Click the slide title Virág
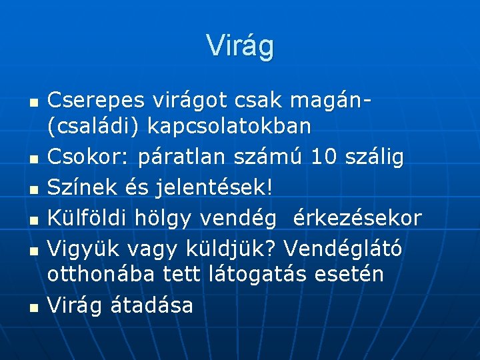[240, 45]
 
